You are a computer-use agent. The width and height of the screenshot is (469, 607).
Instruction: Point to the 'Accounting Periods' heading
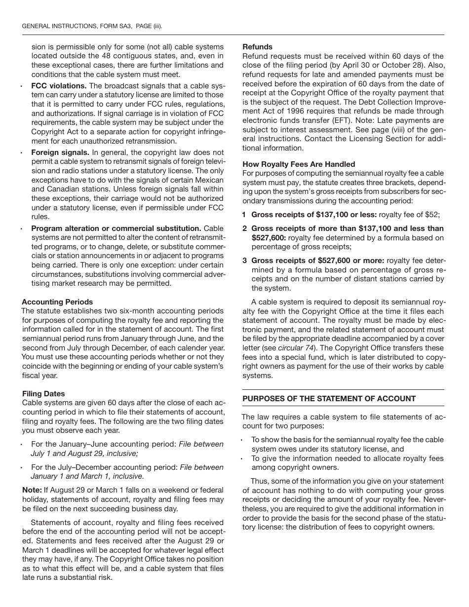(x=57, y=302)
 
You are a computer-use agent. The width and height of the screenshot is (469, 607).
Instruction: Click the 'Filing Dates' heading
(x=43, y=394)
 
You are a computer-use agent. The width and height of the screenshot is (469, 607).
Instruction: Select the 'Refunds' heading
(x=254, y=47)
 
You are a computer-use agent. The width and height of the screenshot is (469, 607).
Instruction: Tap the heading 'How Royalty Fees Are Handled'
(x=299, y=164)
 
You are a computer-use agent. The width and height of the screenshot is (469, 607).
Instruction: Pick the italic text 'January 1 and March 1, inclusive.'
(x=87, y=476)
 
